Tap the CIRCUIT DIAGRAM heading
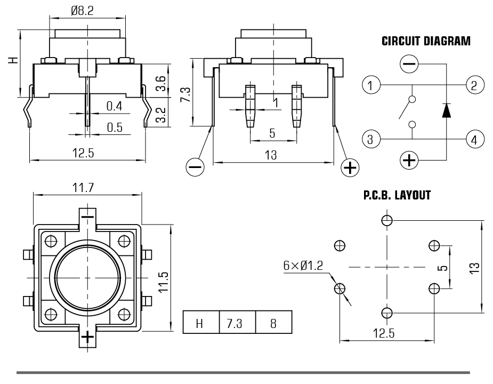click(426, 42)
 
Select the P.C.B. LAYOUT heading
click(397, 196)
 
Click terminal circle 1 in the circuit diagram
click(369, 84)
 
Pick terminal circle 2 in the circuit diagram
click(474, 84)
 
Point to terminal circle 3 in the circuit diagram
click(369, 140)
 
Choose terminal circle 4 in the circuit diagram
click(474, 140)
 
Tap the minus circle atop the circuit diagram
click(409, 65)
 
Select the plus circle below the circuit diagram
click(409, 159)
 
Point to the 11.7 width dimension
click(88, 187)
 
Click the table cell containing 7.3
click(237, 323)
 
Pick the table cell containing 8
click(273, 323)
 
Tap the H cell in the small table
click(200, 323)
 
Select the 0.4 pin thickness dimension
click(114, 107)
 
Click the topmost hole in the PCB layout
click(387, 220)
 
